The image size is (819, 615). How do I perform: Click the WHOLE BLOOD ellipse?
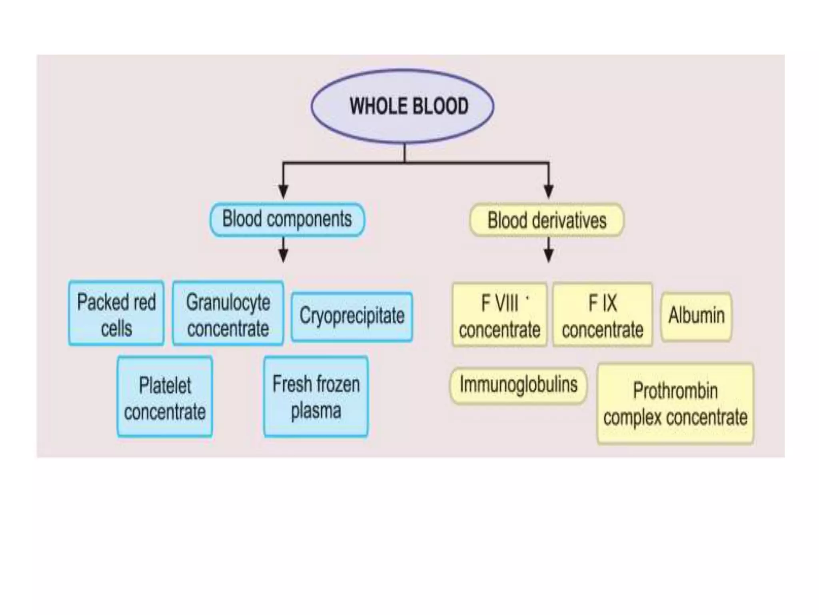point(402,107)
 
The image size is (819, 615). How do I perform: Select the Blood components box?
point(287,219)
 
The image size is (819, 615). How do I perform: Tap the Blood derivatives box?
point(546,220)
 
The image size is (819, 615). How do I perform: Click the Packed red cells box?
point(116,313)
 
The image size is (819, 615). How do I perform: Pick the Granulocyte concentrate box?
point(228,314)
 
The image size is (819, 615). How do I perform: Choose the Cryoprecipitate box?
point(352,316)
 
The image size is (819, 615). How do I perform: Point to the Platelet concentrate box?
point(164,397)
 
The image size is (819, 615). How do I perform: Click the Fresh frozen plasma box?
point(316,396)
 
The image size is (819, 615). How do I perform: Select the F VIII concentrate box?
point(499,315)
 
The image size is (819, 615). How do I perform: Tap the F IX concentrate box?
point(602,315)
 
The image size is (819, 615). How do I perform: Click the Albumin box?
point(696,316)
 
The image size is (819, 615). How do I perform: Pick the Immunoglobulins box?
point(518,385)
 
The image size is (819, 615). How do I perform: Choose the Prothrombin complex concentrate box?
point(675,404)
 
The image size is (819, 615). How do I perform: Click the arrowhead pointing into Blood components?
point(283,191)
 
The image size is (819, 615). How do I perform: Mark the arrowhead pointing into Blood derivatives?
point(549,191)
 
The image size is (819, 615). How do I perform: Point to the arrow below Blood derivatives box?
point(549,252)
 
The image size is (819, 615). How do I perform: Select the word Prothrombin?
point(675,390)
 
